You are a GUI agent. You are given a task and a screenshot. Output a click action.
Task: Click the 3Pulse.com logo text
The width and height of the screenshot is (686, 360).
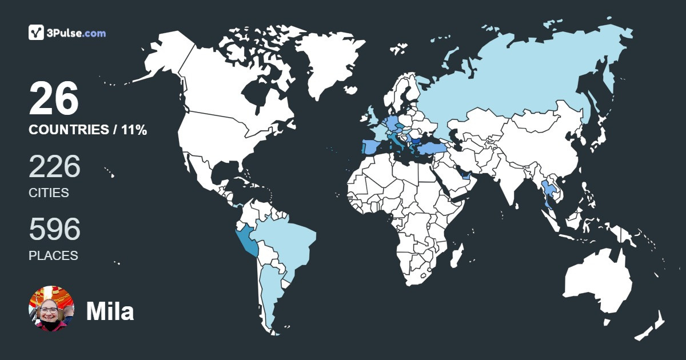(77, 33)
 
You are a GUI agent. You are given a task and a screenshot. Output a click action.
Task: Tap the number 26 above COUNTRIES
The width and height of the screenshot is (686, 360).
(54, 99)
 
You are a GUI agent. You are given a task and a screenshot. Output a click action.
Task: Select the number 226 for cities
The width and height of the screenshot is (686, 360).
(54, 167)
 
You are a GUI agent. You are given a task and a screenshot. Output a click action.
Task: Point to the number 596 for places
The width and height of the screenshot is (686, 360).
(54, 230)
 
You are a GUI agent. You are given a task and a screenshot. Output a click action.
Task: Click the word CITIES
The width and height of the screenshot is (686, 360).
(49, 193)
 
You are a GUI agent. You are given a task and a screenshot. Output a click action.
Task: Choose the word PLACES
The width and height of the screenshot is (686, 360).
(53, 256)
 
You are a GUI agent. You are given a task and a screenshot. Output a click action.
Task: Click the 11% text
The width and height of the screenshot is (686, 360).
(133, 130)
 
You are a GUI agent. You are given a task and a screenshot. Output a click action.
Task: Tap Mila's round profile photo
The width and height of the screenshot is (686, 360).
(51, 309)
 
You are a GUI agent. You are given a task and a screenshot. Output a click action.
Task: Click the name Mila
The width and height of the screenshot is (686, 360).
(110, 311)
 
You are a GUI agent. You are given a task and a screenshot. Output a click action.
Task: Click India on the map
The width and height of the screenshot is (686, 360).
(510, 180)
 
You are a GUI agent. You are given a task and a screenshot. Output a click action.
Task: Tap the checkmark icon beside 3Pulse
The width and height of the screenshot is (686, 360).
(37, 33)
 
